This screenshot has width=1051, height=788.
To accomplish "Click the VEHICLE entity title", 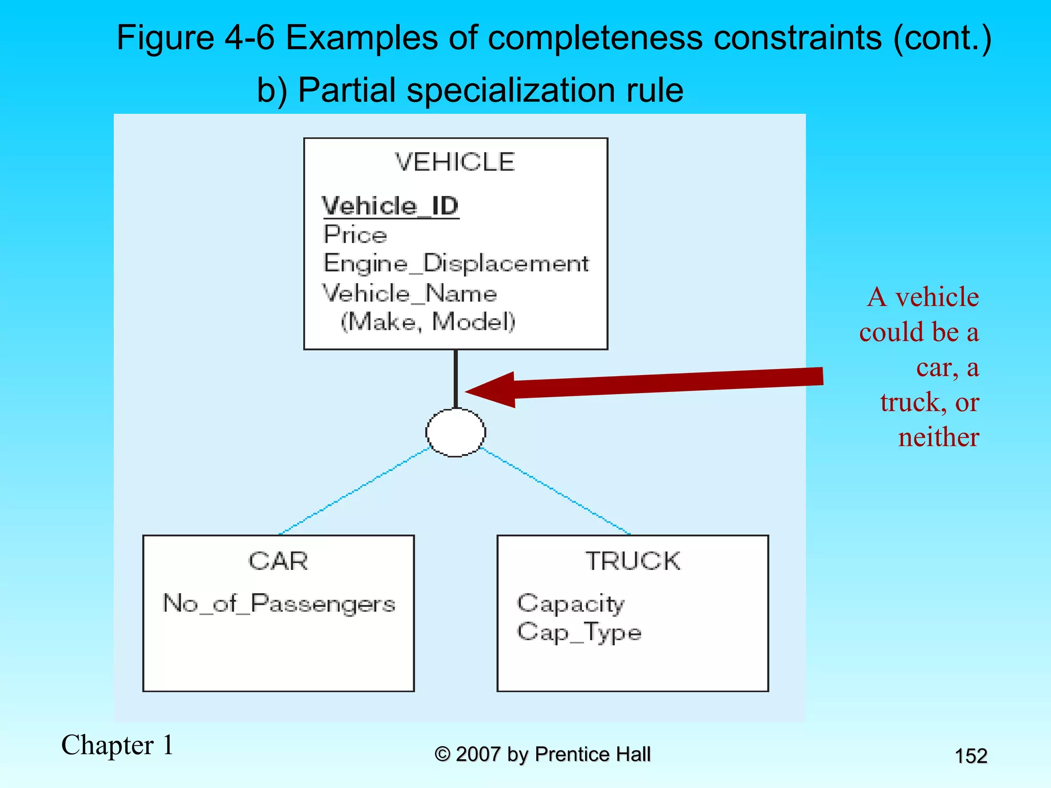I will point(455,162).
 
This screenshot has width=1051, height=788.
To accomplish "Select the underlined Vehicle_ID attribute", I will point(390,206).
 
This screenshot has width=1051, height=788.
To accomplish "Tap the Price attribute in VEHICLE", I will point(355,235).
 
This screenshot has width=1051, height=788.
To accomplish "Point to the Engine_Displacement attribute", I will point(456,264).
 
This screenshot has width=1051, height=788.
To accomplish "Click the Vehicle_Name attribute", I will point(410,293).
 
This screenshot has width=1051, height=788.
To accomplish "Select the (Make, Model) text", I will point(428,322).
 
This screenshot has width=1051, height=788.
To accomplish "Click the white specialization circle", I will point(456,432).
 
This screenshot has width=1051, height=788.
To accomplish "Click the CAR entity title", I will point(278,561).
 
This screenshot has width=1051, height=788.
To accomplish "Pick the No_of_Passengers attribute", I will point(279,603).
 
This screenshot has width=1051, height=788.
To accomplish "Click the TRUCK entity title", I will point(633,561).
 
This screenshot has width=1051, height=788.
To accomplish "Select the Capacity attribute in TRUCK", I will point(571,603).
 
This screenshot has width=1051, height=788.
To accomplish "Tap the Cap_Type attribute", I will point(579,632).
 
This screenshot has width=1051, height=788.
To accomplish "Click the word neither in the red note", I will point(938,438).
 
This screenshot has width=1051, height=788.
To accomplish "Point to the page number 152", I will point(971,756).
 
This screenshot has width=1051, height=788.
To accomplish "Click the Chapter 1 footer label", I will point(118,745).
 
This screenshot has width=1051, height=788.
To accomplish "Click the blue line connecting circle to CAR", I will point(354,491).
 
